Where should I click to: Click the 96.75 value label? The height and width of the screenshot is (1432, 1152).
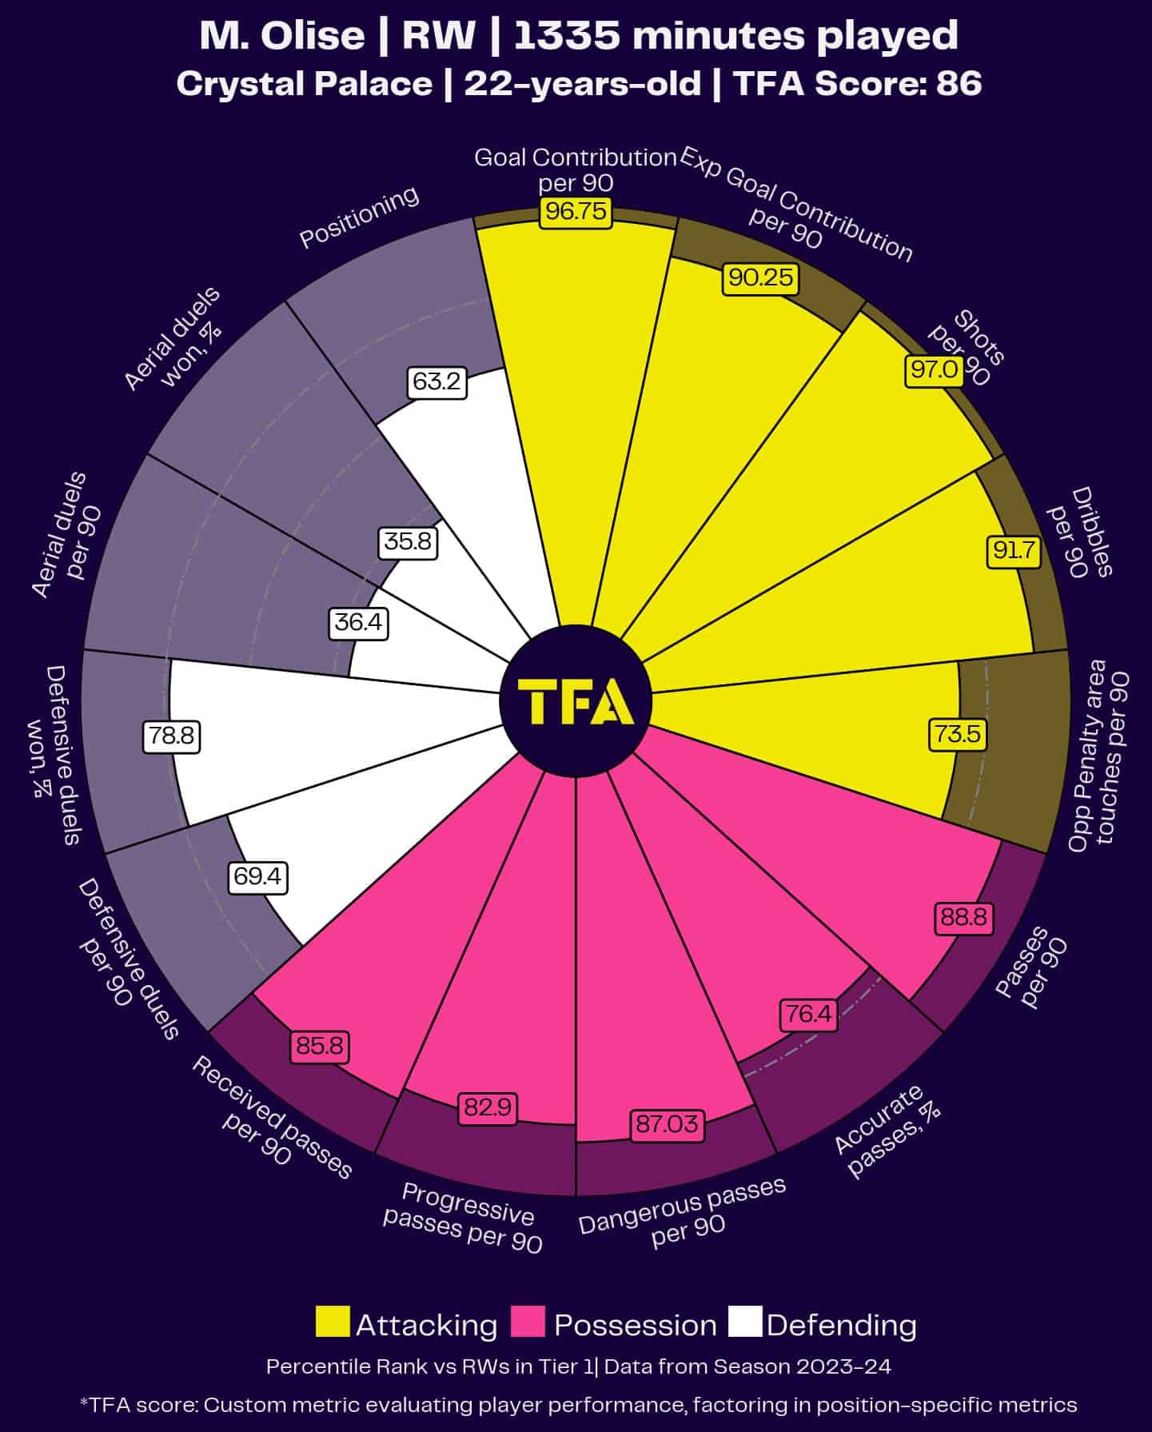coord(576,213)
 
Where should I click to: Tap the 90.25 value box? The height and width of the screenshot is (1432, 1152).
coord(760,277)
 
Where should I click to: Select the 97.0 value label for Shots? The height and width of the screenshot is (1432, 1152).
coord(935,369)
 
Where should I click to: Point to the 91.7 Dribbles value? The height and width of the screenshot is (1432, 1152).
coord(1013,551)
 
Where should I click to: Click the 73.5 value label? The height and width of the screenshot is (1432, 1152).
coord(958,734)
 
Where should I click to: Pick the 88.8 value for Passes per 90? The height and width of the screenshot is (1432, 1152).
coord(964,917)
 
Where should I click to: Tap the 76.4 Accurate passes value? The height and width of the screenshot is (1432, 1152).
coord(808,1015)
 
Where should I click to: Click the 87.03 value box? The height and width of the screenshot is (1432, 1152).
coord(667,1125)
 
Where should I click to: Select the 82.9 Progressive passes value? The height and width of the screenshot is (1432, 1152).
coord(487,1108)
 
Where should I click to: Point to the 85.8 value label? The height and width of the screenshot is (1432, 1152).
coord(320,1046)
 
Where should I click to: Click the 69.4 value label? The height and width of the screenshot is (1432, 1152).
coord(257,877)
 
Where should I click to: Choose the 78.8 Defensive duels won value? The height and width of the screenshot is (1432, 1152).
coord(171,736)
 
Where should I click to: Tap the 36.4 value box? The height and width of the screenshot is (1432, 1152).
coord(358,622)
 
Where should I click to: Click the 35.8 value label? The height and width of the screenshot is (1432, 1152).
coord(408,542)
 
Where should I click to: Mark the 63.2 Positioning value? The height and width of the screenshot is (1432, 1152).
coord(436,382)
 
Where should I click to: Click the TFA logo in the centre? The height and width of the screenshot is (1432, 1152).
coord(576,700)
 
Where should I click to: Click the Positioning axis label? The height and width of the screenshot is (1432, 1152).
coord(359,217)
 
